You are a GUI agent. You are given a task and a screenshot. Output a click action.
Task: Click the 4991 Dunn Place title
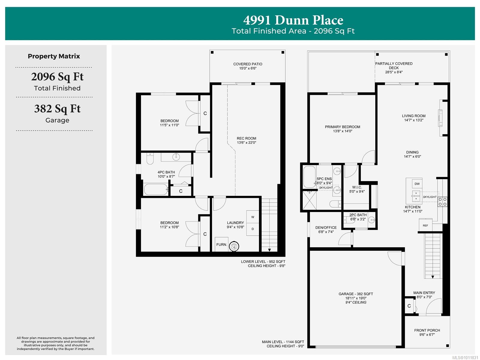click(293, 20)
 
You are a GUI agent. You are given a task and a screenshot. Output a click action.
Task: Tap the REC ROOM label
click(246, 138)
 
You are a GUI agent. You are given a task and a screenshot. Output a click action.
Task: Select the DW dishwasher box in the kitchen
click(417, 184)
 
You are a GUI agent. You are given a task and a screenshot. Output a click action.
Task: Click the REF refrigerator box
click(425, 225)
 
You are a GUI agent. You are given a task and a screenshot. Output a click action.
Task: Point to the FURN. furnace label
click(221, 245)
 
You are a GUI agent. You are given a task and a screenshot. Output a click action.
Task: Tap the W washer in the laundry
click(253, 217)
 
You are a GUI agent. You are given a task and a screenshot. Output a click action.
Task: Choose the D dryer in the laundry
click(253, 229)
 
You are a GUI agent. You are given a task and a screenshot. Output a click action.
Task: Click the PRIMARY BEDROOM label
click(343, 127)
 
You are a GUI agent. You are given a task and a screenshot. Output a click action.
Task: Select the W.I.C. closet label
click(357, 187)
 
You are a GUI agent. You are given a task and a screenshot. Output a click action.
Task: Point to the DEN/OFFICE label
click(326, 228)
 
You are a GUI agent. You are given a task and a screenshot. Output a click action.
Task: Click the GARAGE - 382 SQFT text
click(356, 294)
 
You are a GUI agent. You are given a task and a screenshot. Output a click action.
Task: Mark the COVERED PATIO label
click(247, 64)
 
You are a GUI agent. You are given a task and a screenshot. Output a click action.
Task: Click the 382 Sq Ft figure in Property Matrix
click(57, 109)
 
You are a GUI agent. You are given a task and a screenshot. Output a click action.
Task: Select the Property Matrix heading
click(54, 56)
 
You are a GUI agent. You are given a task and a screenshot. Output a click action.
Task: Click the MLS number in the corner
click(465, 358)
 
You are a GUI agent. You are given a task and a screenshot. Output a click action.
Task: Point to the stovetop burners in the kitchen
click(442, 202)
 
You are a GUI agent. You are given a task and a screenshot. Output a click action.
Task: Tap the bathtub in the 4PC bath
click(155, 189)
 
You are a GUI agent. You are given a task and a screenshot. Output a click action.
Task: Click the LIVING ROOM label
click(413, 116)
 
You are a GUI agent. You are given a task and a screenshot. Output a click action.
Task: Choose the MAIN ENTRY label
click(424, 293)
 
